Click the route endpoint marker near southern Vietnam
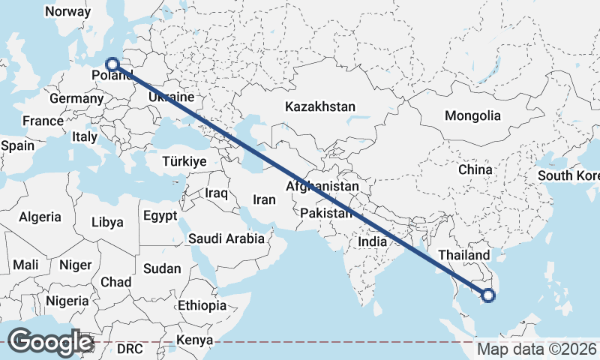(488, 295)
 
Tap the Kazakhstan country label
(319, 107)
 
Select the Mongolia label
(472, 116)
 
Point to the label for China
(475, 170)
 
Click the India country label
(372, 242)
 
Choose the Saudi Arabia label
(226, 239)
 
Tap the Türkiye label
(184, 161)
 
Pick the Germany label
(76, 98)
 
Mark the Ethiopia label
(202, 305)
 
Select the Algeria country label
(40, 217)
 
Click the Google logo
(49, 342)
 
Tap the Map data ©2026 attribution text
(537, 349)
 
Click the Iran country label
(264, 200)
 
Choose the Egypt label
(160, 216)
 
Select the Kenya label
(195, 341)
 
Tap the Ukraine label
(172, 98)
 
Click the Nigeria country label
(67, 301)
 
